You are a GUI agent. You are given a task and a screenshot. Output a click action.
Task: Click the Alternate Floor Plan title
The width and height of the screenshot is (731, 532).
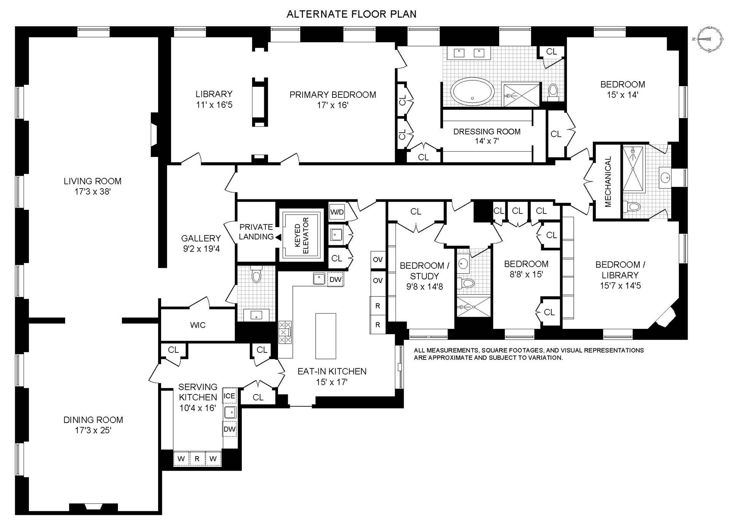coord(351,14)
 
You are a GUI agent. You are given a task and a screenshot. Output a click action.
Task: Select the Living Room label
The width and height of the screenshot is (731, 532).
coord(93,181)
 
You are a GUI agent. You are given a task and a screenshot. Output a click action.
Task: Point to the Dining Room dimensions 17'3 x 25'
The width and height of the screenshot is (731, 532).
coord(93,431)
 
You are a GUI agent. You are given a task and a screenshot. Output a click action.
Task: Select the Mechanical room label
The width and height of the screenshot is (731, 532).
coord(608,181)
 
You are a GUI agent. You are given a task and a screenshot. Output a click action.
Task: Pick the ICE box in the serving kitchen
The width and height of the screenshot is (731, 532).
coord(229,396)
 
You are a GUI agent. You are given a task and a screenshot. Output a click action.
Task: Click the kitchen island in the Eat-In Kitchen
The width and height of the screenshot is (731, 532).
coord(326,336)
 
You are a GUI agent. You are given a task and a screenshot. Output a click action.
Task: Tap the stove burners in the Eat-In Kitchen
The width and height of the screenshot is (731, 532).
coord(285,332)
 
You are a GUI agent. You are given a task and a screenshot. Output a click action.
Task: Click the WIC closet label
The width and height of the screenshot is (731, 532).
coord(198,325)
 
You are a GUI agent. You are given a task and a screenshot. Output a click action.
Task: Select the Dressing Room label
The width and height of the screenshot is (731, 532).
coord(487,132)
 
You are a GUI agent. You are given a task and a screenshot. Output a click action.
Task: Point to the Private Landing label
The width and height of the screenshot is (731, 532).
coord(256,232)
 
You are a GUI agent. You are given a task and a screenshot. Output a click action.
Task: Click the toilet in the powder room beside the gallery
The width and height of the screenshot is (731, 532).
coord(256,275)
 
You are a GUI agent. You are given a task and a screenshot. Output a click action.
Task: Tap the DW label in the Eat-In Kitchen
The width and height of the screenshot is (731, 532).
coord(335,279)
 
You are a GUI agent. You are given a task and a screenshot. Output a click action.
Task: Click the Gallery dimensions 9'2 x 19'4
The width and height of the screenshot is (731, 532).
coord(201,249)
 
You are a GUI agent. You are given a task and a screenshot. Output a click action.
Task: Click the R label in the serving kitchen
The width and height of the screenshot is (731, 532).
coord(197,459)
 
